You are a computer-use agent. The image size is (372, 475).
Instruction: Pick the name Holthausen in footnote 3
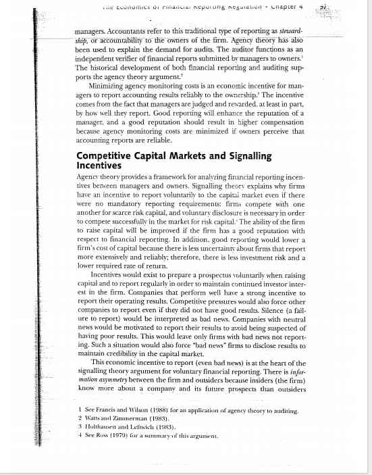coord(103,428)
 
